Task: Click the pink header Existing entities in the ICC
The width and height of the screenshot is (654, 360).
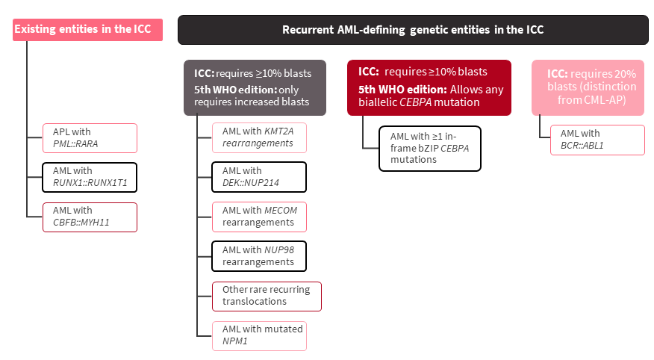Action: pyautogui.click(x=88, y=30)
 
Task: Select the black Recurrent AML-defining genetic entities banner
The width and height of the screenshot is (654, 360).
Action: pyautogui.click(x=413, y=30)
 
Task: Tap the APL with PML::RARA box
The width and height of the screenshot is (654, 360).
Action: pyautogui.click(x=90, y=138)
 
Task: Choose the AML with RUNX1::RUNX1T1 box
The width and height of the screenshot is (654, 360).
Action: pyautogui.click(x=90, y=178)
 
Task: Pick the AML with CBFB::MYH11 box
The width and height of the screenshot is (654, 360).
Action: pyautogui.click(x=90, y=217)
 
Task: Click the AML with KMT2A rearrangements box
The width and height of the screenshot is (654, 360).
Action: pyautogui.click(x=259, y=137)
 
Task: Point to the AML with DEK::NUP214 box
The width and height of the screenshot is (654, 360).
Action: pyautogui.click(x=259, y=177)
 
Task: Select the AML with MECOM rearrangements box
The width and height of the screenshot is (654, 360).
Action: pyautogui.click(x=259, y=216)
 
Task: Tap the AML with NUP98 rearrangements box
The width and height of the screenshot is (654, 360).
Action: pyautogui.click(x=259, y=255)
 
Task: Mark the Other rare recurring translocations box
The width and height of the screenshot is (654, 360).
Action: pyautogui.click(x=267, y=295)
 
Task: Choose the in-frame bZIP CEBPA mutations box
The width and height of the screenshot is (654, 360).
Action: pyautogui.click(x=430, y=149)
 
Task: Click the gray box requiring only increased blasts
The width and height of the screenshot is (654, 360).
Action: pyautogui.click(x=258, y=87)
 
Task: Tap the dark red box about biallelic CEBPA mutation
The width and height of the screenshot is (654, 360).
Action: pyautogui.click(x=429, y=87)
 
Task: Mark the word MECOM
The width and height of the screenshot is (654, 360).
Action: pyautogui.click(x=281, y=211)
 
